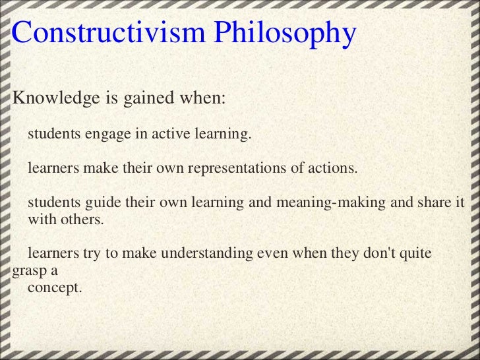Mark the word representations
237,168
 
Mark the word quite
414,254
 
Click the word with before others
42,220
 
